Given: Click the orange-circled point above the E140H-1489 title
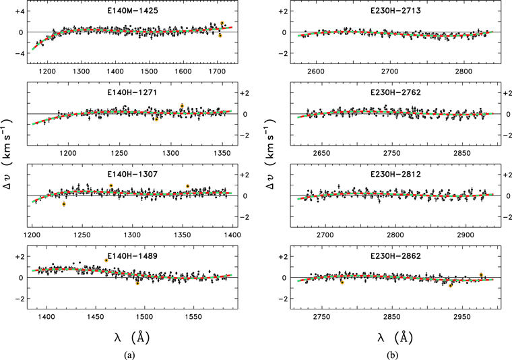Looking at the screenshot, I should [106, 260].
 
